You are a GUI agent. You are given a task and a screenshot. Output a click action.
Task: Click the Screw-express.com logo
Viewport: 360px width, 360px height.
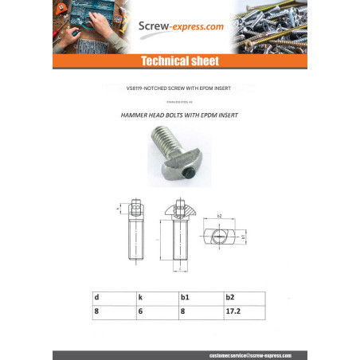179,26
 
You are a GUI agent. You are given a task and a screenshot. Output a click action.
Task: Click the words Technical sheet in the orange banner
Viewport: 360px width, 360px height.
179,61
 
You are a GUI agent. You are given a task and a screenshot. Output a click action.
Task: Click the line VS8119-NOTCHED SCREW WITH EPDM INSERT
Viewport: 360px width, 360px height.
179,88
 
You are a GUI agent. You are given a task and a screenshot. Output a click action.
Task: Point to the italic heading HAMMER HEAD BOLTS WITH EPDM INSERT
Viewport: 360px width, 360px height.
179,115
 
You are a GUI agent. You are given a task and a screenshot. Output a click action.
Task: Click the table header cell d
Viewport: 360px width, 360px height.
96,296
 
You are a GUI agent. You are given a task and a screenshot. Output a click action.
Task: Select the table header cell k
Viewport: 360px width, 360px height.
140,296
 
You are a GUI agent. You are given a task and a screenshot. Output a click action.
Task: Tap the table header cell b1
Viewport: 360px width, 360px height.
185,296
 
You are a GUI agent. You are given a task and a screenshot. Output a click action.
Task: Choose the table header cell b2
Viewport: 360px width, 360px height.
229,296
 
